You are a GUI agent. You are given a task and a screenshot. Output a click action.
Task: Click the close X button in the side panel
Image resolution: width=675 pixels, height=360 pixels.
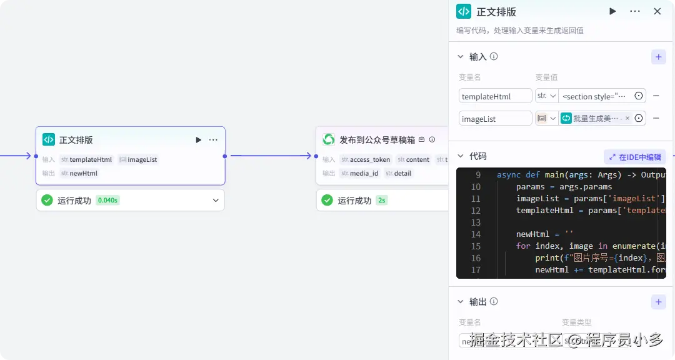(x=657, y=11)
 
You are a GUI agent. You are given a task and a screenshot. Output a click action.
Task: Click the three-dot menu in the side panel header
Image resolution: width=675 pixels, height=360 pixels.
(x=635, y=11)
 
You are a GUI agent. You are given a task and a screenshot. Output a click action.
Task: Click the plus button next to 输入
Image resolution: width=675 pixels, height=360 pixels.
(x=658, y=57)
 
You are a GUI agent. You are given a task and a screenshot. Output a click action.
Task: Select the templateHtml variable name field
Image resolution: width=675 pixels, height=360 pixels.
(x=495, y=96)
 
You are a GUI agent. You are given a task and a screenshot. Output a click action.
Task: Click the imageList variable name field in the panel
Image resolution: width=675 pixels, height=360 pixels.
(x=495, y=119)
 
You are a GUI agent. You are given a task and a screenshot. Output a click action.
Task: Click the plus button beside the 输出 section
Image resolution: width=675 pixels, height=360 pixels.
(x=658, y=302)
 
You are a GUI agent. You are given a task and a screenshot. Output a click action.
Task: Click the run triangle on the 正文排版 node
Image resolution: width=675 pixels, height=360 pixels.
(x=199, y=140)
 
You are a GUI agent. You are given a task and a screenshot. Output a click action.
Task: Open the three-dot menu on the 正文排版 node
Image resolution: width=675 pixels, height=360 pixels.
(x=213, y=140)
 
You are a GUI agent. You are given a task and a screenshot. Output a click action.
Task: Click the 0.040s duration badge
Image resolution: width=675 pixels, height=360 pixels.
(x=107, y=201)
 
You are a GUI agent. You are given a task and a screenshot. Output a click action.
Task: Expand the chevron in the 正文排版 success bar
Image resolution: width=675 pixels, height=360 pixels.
(x=216, y=201)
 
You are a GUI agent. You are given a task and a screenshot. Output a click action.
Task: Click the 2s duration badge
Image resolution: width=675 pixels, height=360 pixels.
(x=381, y=201)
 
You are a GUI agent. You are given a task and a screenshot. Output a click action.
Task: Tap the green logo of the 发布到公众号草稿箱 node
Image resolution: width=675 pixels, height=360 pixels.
(x=329, y=140)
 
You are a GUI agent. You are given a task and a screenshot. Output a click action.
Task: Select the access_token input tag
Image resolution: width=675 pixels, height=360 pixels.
(x=366, y=159)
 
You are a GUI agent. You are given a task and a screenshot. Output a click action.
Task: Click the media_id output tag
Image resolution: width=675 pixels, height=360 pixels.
(x=360, y=173)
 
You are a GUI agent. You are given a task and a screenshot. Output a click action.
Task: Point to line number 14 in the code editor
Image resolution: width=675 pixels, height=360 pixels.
(x=476, y=234)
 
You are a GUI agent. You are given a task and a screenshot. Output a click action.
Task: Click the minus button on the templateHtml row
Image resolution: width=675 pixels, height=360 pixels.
(x=656, y=96)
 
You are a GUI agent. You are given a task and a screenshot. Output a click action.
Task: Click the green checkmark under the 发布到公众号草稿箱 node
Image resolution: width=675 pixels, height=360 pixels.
(x=327, y=201)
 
